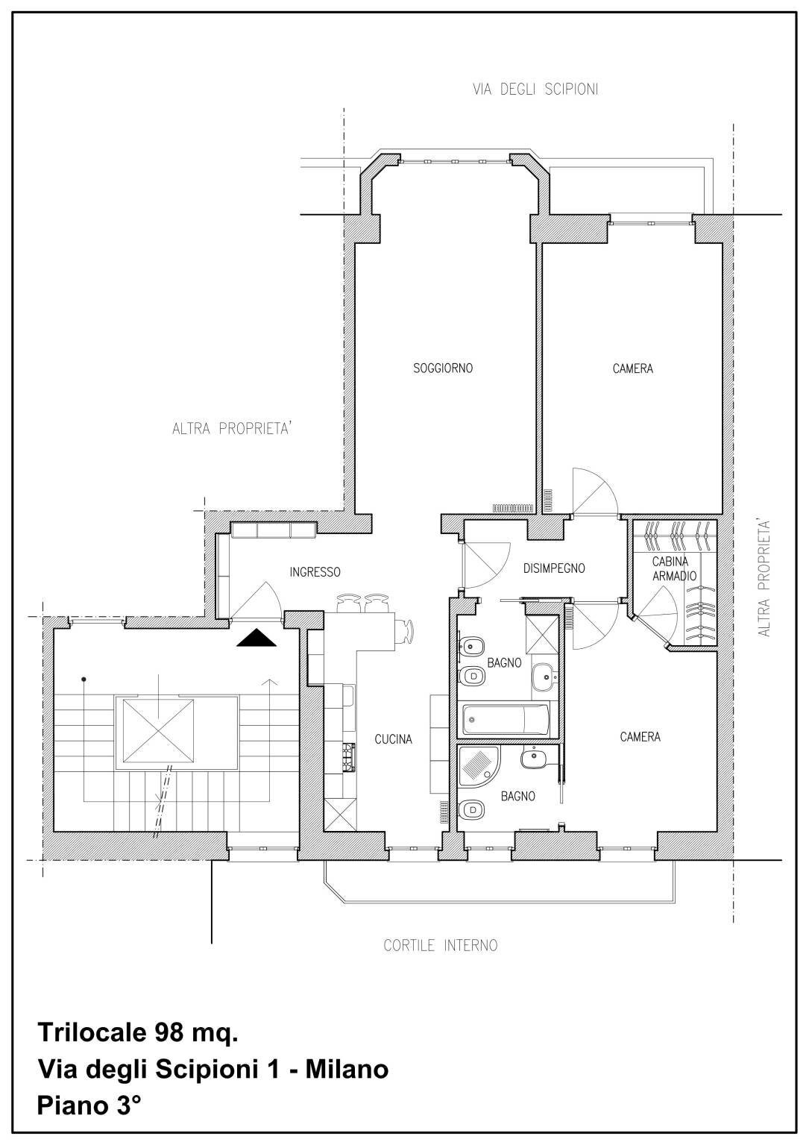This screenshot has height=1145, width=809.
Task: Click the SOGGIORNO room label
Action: pyautogui.click(x=443, y=368)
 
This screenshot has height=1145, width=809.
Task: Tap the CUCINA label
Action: pyautogui.click(x=393, y=739)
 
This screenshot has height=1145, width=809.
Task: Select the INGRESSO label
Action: pyautogui.click(x=315, y=572)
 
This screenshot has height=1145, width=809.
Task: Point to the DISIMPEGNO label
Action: pyautogui.click(x=554, y=568)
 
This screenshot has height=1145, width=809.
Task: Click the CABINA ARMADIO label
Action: pyautogui.click(x=674, y=568)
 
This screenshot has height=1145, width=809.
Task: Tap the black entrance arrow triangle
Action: pyautogui.click(x=256, y=638)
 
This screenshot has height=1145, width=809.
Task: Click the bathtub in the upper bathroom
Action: pyautogui.click(x=506, y=719)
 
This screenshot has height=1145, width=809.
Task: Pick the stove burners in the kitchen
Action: pyautogui.click(x=350, y=756)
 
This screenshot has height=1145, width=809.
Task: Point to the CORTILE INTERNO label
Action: pyautogui.click(x=440, y=946)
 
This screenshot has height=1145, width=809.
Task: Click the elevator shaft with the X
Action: pyautogui.click(x=158, y=731)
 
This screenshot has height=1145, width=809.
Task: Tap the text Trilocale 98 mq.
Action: pyautogui.click(x=138, y=1032)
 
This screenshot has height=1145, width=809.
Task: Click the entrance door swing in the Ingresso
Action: pyautogui.click(x=256, y=601)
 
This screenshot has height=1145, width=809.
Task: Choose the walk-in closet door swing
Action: pyautogui.click(x=657, y=615)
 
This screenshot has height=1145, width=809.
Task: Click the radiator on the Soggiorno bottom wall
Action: pyautogui.click(x=513, y=508)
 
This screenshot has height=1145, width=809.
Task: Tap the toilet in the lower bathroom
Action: pyautogui.click(x=472, y=809)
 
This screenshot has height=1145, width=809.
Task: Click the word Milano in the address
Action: pyautogui.click(x=347, y=1069)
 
